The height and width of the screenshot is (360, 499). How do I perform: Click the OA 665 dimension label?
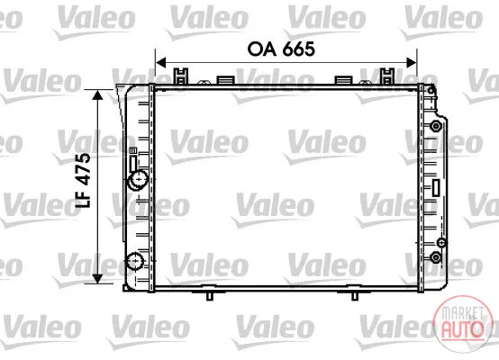(x=281, y=49)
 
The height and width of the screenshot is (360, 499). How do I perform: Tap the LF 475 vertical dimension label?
(x=83, y=180)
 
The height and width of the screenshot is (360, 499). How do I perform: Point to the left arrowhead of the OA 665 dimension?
(x=161, y=63)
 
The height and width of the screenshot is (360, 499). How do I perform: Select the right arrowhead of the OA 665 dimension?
(x=411, y=63)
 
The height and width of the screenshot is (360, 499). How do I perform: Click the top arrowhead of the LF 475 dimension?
(x=97, y=94)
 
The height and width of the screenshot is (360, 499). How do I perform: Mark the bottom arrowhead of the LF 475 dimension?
(x=97, y=278)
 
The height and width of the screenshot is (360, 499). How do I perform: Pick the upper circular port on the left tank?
(x=138, y=180)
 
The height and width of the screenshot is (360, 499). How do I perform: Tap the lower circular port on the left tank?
(x=135, y=261)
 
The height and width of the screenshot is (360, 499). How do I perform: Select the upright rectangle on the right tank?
(x=436, y=187)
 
